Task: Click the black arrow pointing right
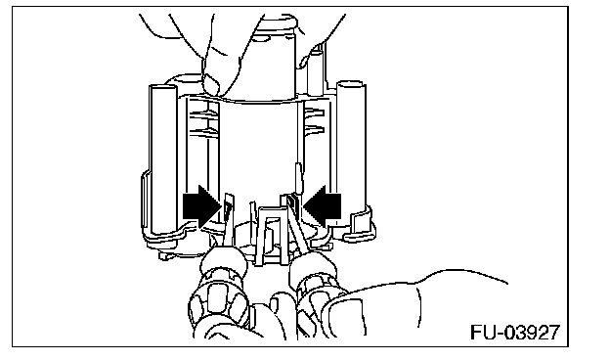201,206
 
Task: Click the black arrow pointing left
323,206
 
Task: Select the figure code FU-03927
515,332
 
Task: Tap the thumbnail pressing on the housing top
212,85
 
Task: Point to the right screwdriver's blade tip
291,200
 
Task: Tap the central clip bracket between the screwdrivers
272,236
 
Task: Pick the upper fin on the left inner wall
203,113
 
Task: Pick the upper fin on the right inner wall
314,112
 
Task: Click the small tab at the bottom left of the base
166,255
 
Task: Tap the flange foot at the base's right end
360,226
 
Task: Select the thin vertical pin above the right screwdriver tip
299,177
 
